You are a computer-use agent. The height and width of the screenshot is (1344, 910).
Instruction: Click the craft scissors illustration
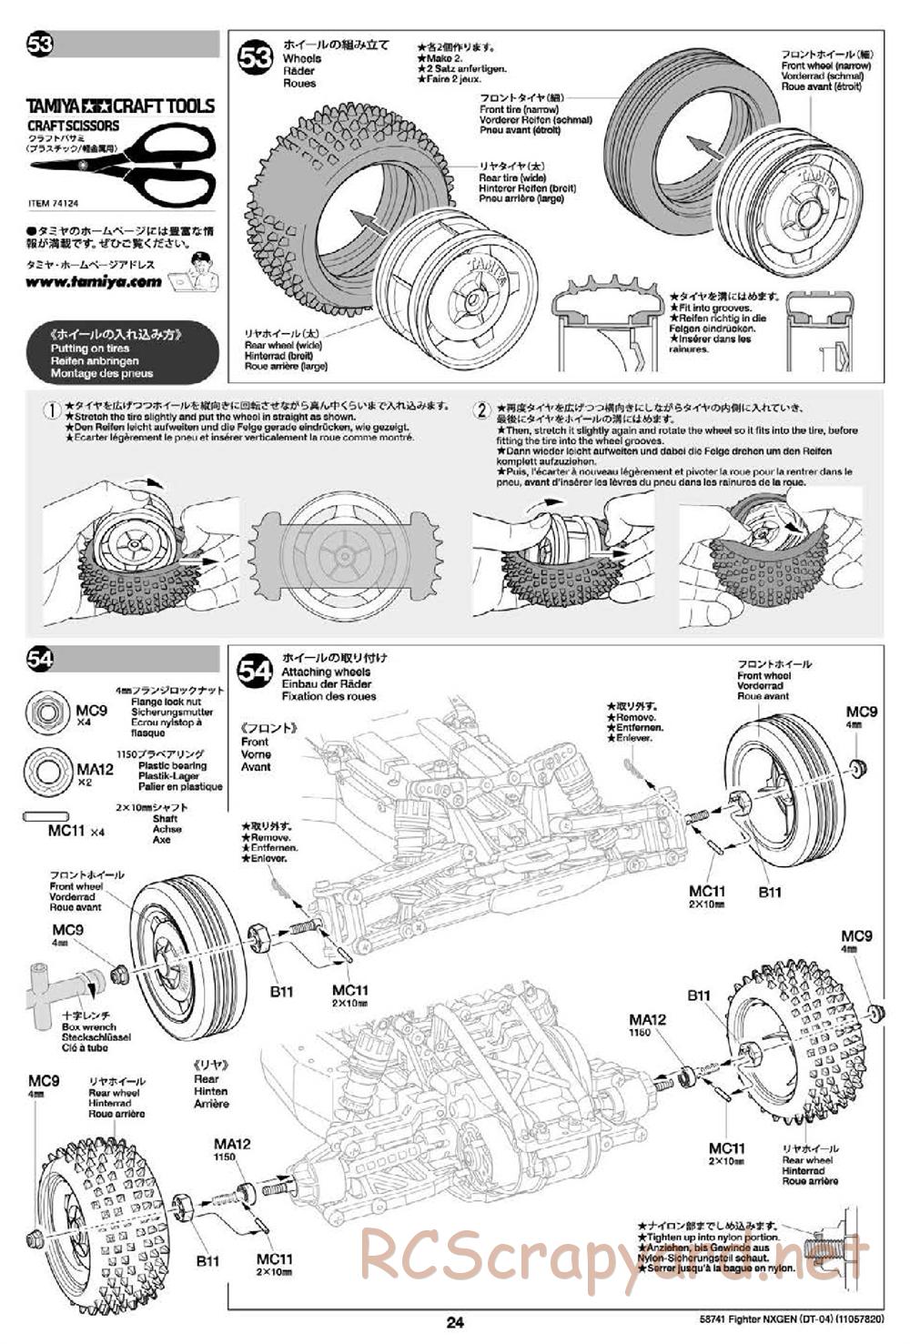pyautogui.click(x=123, y=163)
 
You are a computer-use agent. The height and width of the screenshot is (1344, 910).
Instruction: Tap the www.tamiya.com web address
pyautogui.click(x=94, y=282)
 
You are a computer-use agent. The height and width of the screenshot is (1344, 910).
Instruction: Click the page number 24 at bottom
pyautogui.click(x=455, y=1322)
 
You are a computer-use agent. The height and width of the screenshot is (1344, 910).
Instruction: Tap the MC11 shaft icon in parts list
pyautogui.click(x=44, y=817)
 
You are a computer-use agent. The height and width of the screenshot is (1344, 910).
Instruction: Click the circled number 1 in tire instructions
pyautogui.click(x=53, y=410)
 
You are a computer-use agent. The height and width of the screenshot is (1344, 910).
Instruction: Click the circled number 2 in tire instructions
pyautogui.click(x=481, y=410)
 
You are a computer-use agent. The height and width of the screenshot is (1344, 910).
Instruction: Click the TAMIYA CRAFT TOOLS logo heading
pyautogui.click(x=120, y=106)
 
